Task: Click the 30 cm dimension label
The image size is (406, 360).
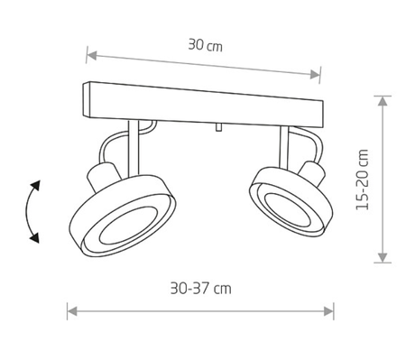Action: [x=206, y=45]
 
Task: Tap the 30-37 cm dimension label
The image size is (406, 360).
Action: [x=201, y=289]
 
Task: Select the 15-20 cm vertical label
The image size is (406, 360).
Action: [x=362, y=180]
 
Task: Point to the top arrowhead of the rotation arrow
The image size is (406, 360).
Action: [x=36, y=185]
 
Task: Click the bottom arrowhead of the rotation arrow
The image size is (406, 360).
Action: [x=35, y=238]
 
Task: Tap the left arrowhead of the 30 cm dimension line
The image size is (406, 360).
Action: [x=91, y=55]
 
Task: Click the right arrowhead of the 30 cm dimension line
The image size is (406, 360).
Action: [x=315, y=74]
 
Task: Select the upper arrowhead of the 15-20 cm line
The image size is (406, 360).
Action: [x=383, y=101]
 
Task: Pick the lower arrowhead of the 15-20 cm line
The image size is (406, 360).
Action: [x=383, y=257]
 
